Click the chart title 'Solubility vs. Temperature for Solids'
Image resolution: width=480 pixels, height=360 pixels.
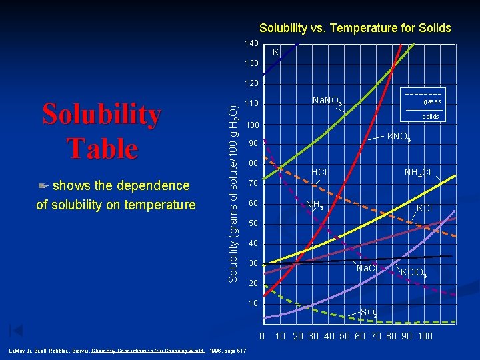pos(355,28)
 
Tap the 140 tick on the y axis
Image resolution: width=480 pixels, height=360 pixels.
pos(251,43)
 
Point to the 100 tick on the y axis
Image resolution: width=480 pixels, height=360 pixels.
pos(251,125)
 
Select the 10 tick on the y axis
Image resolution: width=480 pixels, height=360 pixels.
pos(253,303)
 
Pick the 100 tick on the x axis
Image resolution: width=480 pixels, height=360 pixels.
pos(425,335)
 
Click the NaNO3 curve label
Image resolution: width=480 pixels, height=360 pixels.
pos(327,101)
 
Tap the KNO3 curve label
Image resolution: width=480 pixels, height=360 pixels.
pos(399,137)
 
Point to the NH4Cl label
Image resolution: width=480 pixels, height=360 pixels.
pos(417,173)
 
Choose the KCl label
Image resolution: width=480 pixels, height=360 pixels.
pos(424,209)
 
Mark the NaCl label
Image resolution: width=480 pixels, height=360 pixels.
pos(366,269)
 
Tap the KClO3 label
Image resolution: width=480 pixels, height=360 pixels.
pos(413,273)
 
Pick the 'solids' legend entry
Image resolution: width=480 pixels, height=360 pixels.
pos(431,117)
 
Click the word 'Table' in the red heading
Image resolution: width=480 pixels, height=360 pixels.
pos(102,148)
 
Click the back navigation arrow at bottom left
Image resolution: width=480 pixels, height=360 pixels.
pos(16,330)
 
